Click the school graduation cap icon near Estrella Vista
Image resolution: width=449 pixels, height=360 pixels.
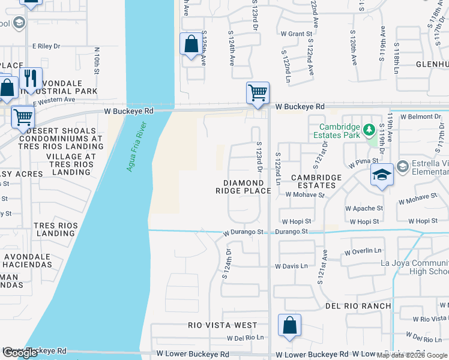coord(382,175)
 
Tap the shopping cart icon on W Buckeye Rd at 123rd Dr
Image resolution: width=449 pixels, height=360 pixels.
coord(258,93)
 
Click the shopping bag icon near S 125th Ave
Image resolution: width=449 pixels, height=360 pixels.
coord(191,44)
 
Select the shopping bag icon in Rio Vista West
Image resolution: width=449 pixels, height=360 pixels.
coord(289,326)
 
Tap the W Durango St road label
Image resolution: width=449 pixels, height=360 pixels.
coord(244,232)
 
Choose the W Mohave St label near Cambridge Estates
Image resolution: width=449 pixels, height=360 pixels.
coord(305,194)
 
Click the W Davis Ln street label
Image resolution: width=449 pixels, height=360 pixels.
coord(291,266)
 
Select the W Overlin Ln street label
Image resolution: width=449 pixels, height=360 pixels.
coord(364,251)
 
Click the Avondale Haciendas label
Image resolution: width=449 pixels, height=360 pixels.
coord(28,260)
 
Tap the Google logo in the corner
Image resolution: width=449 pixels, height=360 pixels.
coord(20,353)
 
